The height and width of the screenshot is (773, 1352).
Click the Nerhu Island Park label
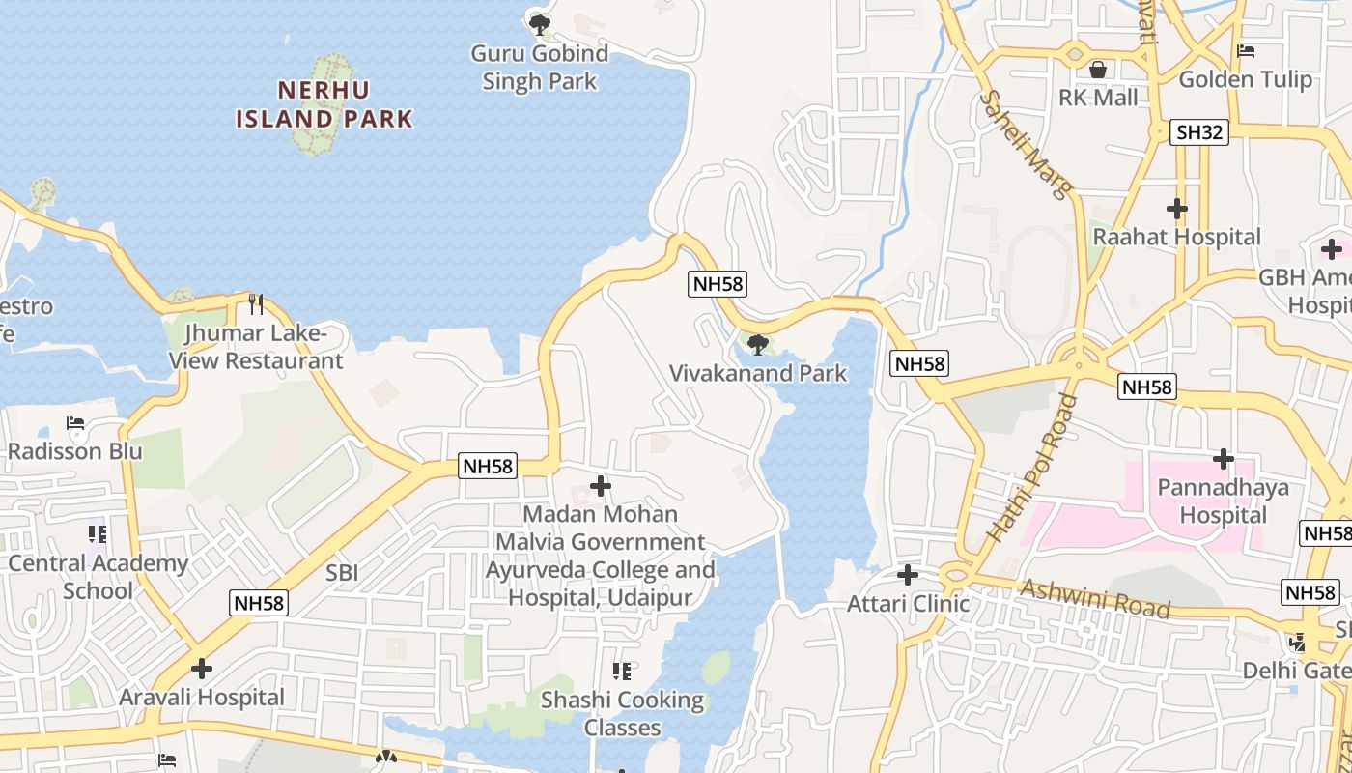pos(324,104)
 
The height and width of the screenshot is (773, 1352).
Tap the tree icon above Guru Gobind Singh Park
pos(540,22)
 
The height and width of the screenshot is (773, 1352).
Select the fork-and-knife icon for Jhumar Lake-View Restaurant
pos(256,304)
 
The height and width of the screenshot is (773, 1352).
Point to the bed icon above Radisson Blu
pos(75,423)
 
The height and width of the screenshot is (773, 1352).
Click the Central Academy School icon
pos(97,533)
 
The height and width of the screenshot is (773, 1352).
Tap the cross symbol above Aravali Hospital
pos(202,669)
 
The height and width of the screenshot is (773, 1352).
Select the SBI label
pos(342,572)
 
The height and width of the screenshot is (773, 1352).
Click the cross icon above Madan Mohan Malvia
pos(601,486)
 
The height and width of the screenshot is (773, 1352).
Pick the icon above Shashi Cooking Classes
pos(622,671)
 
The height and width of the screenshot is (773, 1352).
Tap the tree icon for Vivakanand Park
pos(758,344)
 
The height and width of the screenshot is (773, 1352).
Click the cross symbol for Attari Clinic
pos(908,575)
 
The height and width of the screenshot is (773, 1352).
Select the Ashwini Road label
pos(1095,598)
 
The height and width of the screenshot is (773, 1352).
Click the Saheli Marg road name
pos(1026,145)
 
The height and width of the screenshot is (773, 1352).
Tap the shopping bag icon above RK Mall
pos(1098,70)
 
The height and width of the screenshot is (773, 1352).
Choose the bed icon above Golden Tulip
pos(1246,51)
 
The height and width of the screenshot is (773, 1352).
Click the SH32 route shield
pos(1199,132)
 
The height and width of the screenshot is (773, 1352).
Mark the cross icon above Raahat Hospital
pos(1176,209)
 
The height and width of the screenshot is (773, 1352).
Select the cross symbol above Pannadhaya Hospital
pos(1224,459)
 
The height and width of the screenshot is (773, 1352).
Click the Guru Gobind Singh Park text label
pos(540,67)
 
